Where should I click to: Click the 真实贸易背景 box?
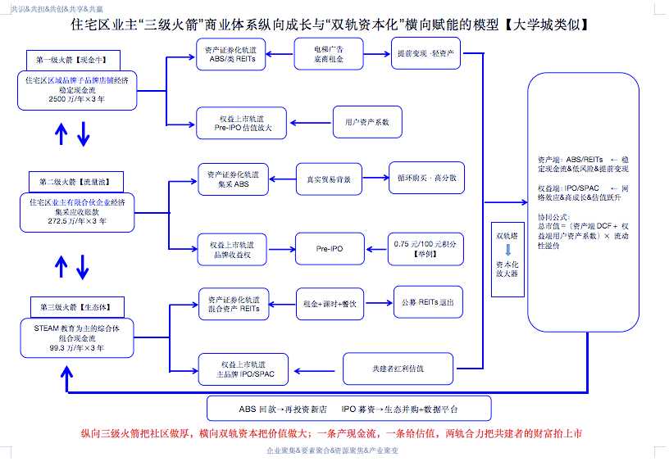pos(329,179)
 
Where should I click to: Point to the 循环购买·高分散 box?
pos(426,179)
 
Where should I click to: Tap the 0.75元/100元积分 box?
pos(425,249)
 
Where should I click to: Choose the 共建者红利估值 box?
pos(398,368)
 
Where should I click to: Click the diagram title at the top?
pos(334,25)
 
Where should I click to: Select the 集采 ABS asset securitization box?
pos(234,179)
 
